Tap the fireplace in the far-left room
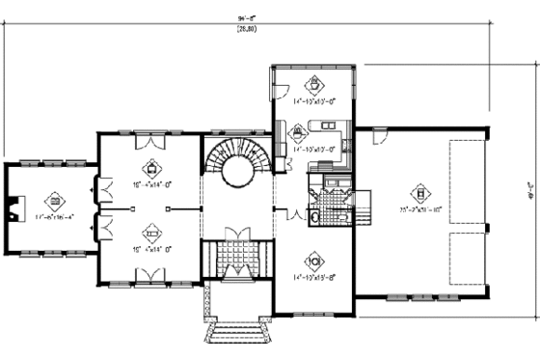(13, 208)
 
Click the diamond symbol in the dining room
(312, 262)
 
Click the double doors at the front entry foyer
(233, 236)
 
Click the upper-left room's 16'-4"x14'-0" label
(150, 179)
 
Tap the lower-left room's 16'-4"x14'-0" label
(150, 247)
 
